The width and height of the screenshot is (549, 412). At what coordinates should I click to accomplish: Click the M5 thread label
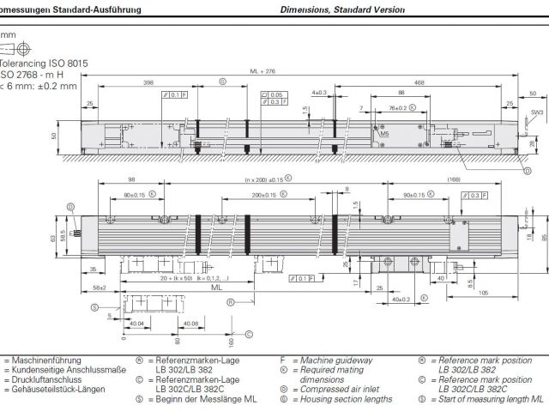[x=384, y=135]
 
